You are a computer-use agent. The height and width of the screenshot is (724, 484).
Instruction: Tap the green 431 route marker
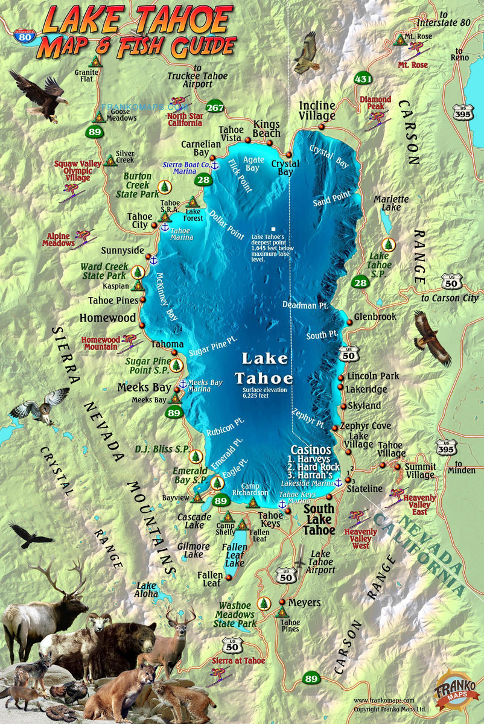tap(363, 79)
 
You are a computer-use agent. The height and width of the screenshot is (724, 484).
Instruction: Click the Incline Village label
tap(317, 111)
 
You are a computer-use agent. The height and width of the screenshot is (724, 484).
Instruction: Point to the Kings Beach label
tap(267, 129)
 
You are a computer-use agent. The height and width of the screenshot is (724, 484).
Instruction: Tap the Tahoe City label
tap(139, 220)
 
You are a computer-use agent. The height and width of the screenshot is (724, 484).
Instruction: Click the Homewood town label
tap(107, 317)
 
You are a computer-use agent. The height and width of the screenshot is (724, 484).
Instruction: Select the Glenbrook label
tap(375, 316)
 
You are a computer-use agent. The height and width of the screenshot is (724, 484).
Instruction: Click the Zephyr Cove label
tap(365, 426)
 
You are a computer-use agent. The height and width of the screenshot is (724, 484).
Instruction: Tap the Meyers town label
tap(304, 603)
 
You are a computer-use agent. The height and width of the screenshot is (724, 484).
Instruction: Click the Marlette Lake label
tap(390, 203)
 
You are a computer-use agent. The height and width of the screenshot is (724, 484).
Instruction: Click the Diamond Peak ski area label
tap(375, 103)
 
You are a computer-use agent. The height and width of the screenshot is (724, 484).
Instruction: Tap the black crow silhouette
tap(30, 535)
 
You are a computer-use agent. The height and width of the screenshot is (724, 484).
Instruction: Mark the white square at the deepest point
tap(273, 229)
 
